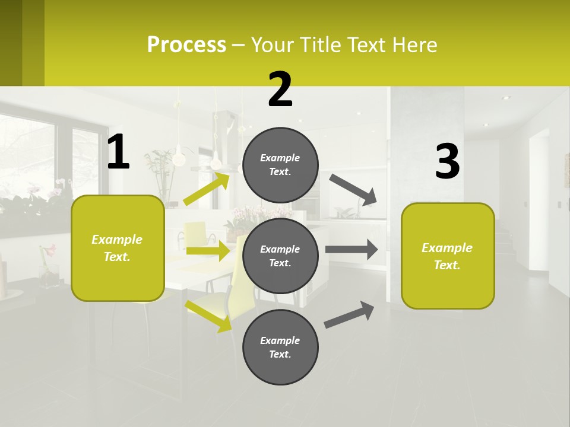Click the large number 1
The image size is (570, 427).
click(118, 152)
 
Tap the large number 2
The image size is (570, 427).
click(280, 90)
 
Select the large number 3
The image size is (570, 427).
click(447, 162)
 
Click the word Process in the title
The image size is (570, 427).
click(186, 44)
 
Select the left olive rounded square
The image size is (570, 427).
click(118, 248)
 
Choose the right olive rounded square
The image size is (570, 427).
click(448, 256)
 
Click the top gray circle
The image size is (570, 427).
click(280, 165)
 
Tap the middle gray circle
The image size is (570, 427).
click(280, 256)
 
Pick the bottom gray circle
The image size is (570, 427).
click(280, 347)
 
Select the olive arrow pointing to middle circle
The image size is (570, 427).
click(208, 251)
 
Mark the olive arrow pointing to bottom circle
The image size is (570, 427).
click(208, 316)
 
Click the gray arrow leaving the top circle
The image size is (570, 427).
click(354, 189)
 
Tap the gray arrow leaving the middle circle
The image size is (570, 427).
click(351, 250)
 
